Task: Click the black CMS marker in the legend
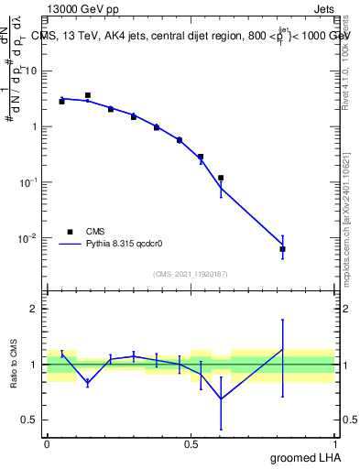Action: click(70, 232)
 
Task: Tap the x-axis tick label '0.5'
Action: click(191, 443)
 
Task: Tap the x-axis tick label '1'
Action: click(334, 443)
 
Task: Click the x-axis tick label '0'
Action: click(47, 443)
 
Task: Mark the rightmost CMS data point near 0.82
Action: click(282, 249)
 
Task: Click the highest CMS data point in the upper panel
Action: click(87, 95)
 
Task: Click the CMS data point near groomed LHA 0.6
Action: click(221, 178)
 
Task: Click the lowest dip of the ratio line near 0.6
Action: click(221, 398)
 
